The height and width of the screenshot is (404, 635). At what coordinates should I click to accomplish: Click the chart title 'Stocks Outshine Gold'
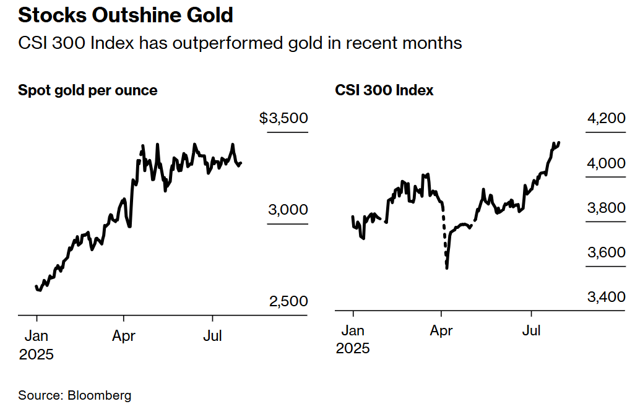[126, 15]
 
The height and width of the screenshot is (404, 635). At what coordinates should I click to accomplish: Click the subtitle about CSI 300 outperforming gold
[240, 43]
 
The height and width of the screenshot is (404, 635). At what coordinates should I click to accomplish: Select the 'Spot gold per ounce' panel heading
[87, 90]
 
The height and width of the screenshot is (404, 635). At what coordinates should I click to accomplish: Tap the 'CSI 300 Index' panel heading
[384, 90]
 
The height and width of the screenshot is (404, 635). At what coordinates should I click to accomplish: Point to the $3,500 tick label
[283, 118]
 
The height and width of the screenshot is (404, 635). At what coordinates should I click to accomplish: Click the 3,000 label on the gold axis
[288, 210]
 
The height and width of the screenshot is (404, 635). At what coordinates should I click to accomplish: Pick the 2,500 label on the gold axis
[288, 301]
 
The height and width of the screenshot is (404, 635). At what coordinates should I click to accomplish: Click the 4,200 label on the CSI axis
[607, 118]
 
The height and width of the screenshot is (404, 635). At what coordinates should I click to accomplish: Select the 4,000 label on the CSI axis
[607, 163]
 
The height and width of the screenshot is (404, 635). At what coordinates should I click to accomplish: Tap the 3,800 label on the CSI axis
[607, 208]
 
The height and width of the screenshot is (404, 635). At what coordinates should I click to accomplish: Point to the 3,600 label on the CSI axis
[607, 252]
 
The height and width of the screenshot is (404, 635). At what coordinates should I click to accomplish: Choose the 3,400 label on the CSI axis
[607, 297]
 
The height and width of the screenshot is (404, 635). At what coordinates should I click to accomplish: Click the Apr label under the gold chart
[124, 337]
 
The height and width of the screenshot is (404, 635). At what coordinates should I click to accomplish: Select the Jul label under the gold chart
[212, 336]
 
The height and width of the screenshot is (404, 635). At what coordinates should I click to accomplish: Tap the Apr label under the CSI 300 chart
[441, 331]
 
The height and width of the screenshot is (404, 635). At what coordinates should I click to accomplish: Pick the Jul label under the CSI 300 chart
[531, 331]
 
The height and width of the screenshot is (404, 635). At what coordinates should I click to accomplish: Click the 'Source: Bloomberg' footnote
[74, 395]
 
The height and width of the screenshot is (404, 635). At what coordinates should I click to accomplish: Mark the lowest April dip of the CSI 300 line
[447, 267]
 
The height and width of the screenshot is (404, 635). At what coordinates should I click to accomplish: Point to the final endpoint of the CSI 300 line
[559, 142]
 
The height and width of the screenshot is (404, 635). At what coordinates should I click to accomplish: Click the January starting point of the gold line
[36, 286]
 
